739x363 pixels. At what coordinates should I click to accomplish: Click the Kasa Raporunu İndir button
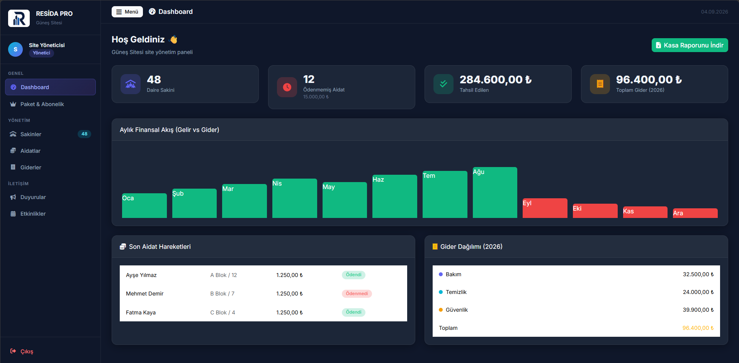pyautogui.click(x=690, y=45)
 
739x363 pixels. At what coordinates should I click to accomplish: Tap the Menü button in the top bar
pyautogui.click(x=127, y=12)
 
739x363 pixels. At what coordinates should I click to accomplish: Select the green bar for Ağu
pyautogui.click(x=495, y=192)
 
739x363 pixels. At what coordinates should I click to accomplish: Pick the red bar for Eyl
pyautogui.click(x=545, y=208)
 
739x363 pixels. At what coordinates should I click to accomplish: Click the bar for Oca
pyautogui.click(x=144, y=206)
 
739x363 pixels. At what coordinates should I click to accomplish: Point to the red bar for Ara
pyautogui.click(x=695, y=213)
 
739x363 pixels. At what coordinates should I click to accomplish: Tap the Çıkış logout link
pyautogui.click(x=22, y=351)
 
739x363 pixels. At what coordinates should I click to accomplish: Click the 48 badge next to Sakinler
pyautogui.click(x=85, y=134)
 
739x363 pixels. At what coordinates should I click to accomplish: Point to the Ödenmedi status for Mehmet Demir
pyautogui.click(x=357, y=294)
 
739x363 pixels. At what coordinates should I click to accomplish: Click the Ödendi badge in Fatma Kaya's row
pyautogui.click(x=353, y=312)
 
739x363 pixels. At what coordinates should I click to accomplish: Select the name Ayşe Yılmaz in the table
pyautogui.click(x=141, y=275)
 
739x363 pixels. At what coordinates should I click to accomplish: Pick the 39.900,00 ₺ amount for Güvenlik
pyautogui.click(x=698, y=310)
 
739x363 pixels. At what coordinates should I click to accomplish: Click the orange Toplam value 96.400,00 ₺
pyautogui.click(x=698, y=328)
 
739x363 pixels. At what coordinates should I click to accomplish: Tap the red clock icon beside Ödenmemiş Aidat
pyautogui.click(x=287, y=87)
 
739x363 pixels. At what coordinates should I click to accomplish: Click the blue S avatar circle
pyautogui.click(x=15, y=49)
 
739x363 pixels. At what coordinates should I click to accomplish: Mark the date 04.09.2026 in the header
pyautogui.click(x=714, y=12)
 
